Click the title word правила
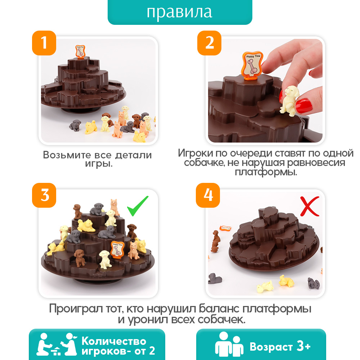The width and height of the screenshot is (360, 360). click(x=179, y=12)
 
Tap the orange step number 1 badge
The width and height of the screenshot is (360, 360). click(x=44, y=43)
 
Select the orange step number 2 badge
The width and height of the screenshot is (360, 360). click(x=210, y=43)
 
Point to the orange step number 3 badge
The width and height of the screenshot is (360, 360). click(x=44, y=195)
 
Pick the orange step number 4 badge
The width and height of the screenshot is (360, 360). click(x=208, y=195)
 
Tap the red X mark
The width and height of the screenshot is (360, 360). click(x=310, y=206)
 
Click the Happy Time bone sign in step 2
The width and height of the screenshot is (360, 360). click(x=252, y=66)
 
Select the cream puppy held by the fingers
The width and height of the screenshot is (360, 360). click(x=289, y=100)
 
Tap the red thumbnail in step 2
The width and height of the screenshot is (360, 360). click(x=304, y=106)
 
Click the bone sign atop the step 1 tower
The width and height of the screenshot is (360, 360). click(x=80, y=51)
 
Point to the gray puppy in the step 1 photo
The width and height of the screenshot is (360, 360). click(x=75, y=125)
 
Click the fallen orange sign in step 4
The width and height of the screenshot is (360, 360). click(x=225, y=228)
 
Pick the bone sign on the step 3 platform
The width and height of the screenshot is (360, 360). click(x=117, y=250)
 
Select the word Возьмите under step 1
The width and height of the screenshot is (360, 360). click(x=67, y=155)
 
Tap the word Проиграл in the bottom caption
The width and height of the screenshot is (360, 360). click(x=76, y=309)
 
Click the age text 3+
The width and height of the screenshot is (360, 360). click(x=303, y=346)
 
